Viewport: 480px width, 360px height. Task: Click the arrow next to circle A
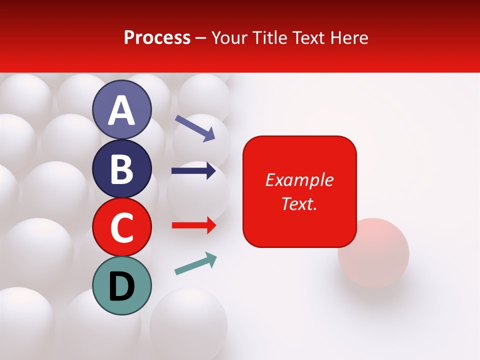195,127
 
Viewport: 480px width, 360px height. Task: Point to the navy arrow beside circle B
193,171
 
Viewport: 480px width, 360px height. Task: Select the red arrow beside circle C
193,225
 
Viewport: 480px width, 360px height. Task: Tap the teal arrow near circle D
195,263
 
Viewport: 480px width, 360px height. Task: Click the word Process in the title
157,37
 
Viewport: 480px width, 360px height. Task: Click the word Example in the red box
299,180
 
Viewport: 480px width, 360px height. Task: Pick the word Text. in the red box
299,203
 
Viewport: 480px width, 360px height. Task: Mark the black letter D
122,287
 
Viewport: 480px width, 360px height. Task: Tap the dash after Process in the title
201,38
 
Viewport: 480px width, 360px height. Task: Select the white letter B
122,169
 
